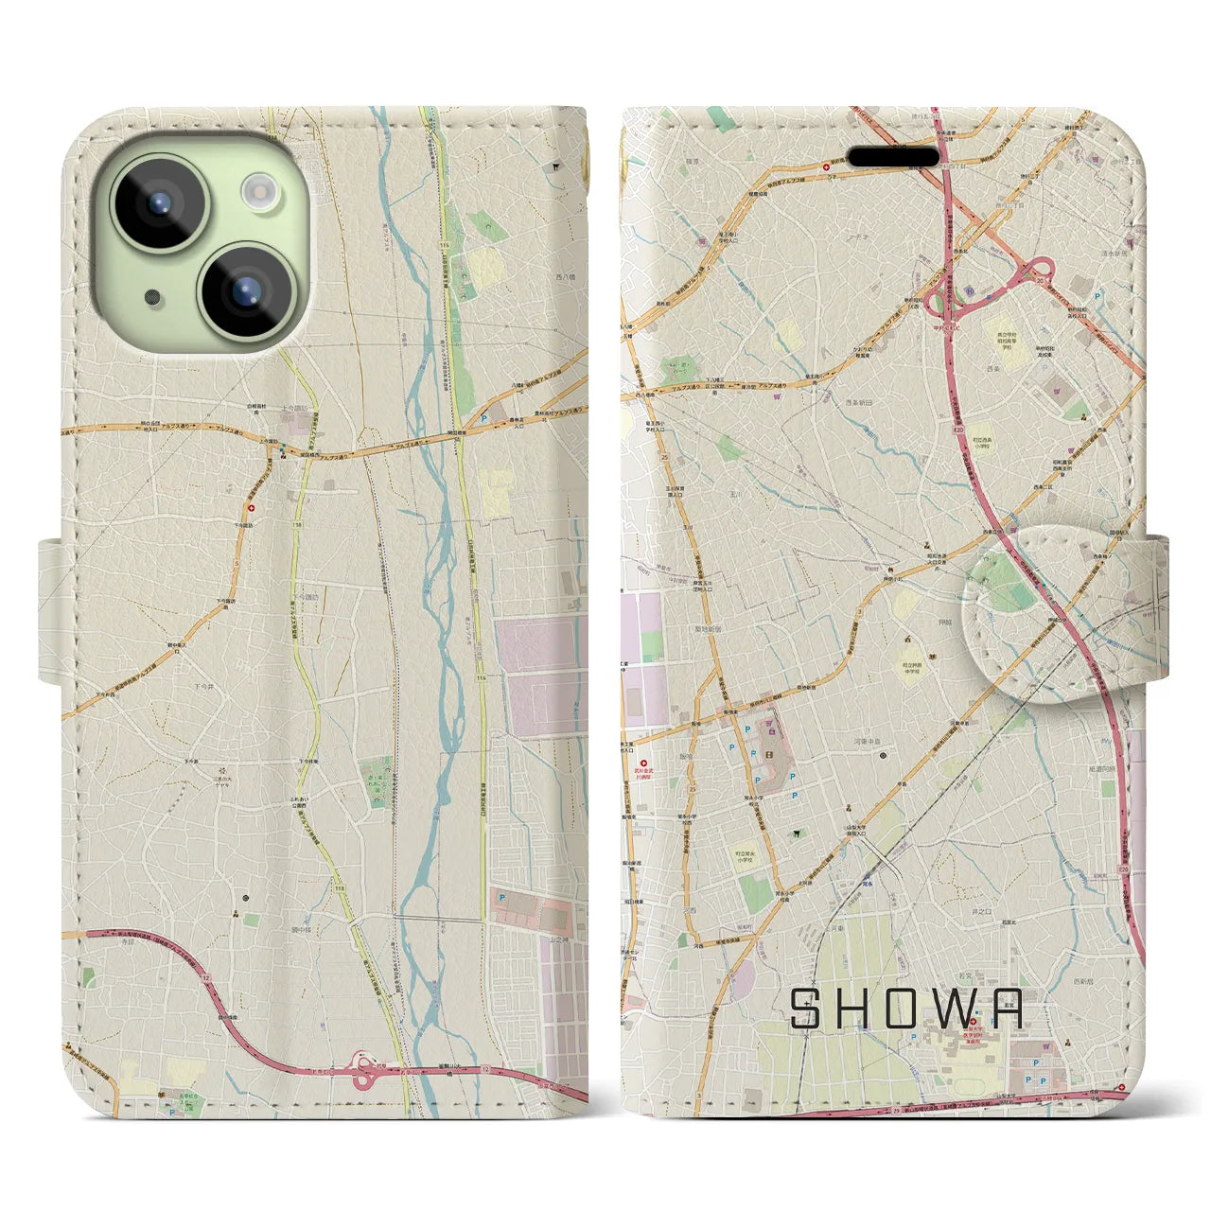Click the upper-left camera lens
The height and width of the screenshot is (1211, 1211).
click(x=159, y=202)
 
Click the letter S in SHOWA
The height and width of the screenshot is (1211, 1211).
click(x=806, y=1009)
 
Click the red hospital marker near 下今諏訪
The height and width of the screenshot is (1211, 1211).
click(x=251, y=505)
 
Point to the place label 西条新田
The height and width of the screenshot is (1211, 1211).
click(x=861, y=401)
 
